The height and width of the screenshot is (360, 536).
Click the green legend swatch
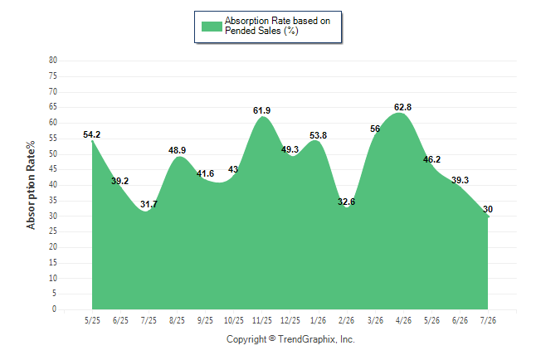212,27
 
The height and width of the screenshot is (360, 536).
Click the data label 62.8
402,107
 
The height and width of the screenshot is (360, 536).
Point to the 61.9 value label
261,110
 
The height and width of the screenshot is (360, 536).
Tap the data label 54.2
91,134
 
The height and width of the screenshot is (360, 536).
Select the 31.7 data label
149,204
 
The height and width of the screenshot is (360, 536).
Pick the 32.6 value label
346,202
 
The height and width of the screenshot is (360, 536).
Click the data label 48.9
177,150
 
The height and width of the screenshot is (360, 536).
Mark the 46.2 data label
431,159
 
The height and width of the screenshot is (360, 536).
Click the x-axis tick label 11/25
262,320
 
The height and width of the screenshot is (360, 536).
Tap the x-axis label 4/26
403,320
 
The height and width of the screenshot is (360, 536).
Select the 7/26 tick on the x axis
488,320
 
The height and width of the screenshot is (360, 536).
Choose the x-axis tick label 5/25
92,320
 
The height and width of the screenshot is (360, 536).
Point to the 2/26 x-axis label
346,320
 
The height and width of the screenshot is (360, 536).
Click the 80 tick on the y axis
53,61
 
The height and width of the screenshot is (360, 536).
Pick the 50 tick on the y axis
53,153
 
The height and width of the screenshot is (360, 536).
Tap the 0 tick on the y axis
55,309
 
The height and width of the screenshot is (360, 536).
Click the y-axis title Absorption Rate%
31,185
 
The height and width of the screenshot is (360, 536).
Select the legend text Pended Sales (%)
261,31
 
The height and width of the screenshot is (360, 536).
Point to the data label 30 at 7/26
488,209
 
